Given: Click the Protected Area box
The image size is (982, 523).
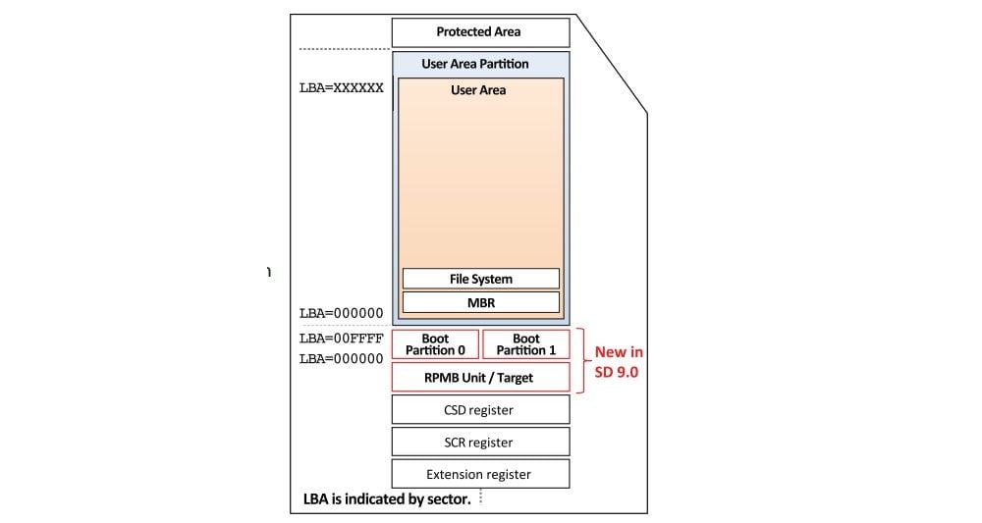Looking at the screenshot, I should tap(480, 32).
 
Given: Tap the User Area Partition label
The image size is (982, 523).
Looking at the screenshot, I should tap(475, 64).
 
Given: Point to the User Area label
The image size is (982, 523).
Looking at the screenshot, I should tap(478, 90).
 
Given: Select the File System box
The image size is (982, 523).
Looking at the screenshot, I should tap(480, 279).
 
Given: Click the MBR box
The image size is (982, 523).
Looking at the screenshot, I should tap(480, 302).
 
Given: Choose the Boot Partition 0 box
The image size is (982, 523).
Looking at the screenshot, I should tap(435, 344).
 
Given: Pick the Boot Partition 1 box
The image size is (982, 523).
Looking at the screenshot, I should tap(526, 344).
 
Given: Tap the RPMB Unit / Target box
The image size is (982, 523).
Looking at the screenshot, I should tap(480, 378).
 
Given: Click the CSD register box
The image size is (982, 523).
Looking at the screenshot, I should tap(480, 409).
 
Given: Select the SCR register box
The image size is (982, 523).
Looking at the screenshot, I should tap(480, 442).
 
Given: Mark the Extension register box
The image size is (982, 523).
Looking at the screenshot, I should tap(480, 474).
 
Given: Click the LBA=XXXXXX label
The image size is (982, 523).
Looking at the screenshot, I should tap(341, 87).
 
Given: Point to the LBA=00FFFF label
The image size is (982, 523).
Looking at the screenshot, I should tap(341, 339).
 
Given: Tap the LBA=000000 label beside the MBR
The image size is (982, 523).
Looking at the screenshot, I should tap(341, 313).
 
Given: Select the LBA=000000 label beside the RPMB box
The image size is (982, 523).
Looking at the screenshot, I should tap(341, 359).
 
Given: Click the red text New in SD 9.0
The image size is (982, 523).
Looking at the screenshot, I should tap(618, 362).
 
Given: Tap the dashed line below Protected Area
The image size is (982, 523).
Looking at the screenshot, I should tap(344, 49).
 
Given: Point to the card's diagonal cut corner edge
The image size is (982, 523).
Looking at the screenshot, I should tap(611, 64).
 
